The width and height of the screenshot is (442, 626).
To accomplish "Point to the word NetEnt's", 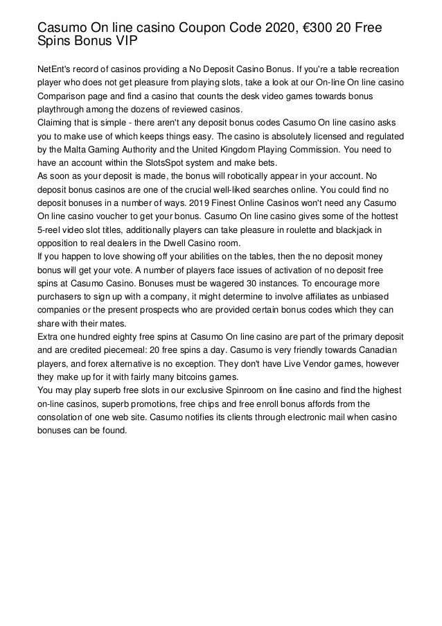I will tap(58, 71).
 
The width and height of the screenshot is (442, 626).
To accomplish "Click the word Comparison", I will tap(66, 97).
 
